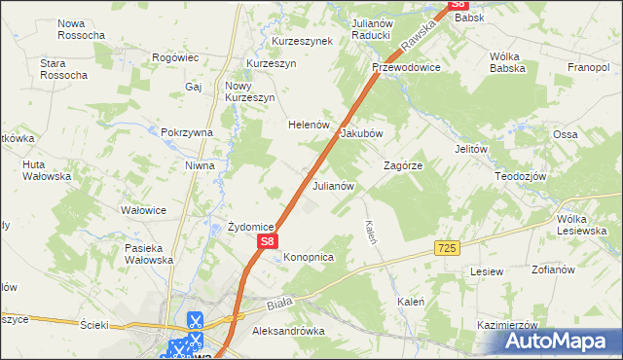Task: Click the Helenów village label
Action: [311, 126]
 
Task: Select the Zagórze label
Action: [402, 165]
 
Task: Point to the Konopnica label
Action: [309, 257]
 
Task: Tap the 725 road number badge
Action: [447, 249]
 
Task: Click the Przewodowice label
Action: [406, 68]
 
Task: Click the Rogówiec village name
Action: [176, 58]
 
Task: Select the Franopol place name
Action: [588, 68]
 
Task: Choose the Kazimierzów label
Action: [508, 324]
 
